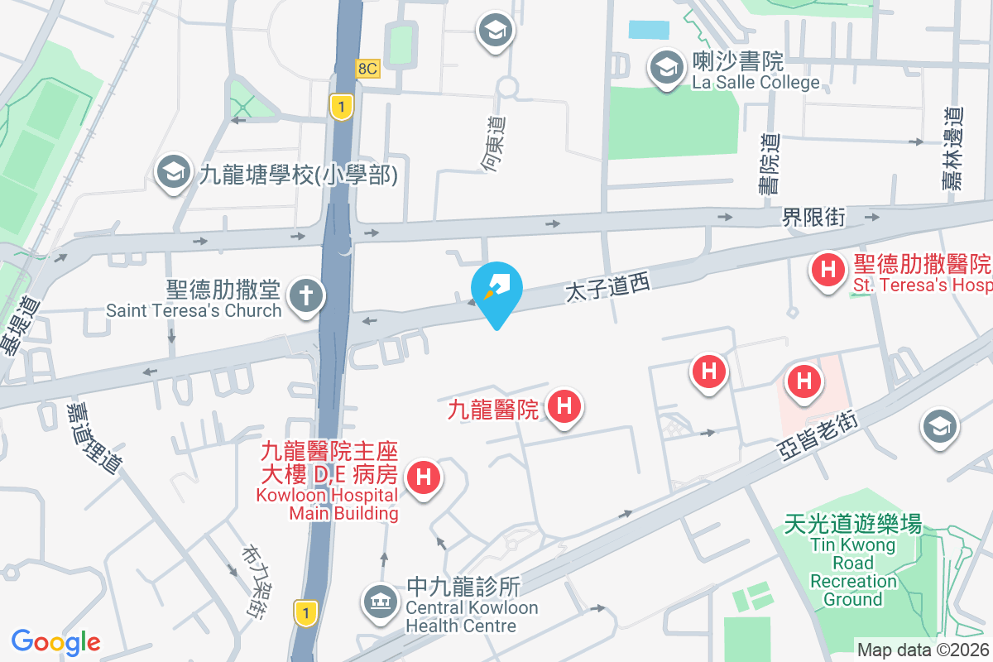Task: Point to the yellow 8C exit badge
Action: click(x=367, y=69)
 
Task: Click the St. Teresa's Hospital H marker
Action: click(x=827, y=270)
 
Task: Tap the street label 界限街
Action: click(x=813, y=218)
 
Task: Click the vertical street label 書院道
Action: click(x=770, y=164)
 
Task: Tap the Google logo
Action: click(x=55, y=641)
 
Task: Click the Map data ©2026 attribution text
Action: click(x=923, y=650)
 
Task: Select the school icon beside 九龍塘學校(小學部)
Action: click(x=173, y=172)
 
